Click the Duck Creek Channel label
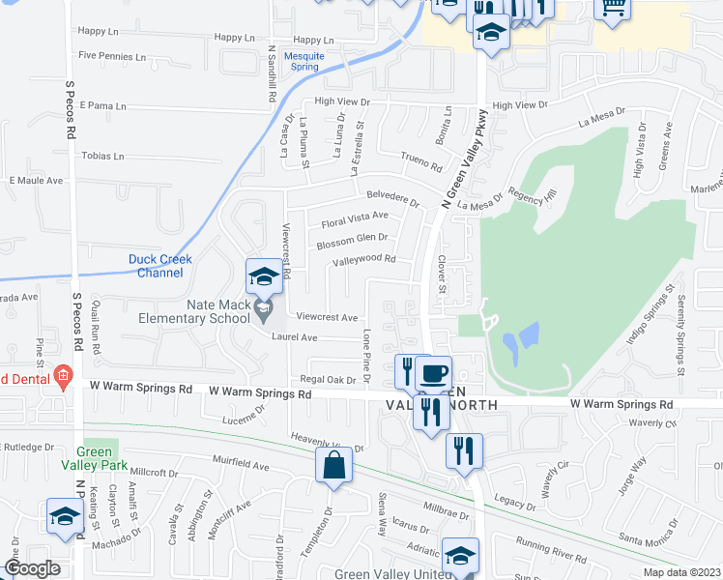tap(160, 266)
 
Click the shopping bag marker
tap(333, 465)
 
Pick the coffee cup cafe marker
tap(434, 373)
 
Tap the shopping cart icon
tap(612, 8)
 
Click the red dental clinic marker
tap(63, 376)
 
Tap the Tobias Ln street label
tap(103, 156)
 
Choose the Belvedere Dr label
tap(392, 197)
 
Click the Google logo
tap(32, 569)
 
